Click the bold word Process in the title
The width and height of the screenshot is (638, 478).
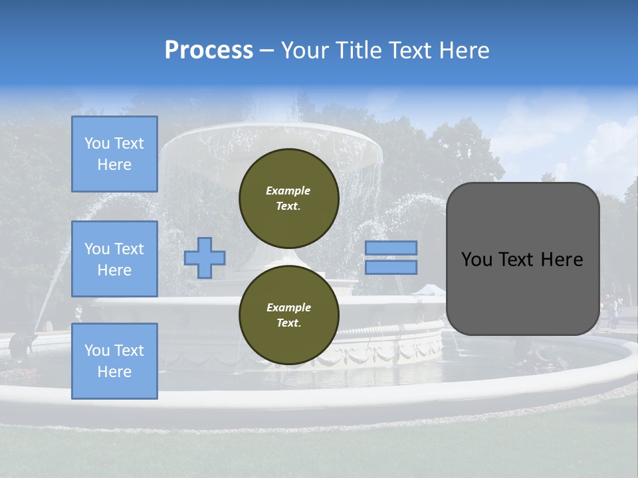pyautogui.click(x=209, y=50)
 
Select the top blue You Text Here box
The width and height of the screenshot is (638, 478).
pyautogui.click(x=114, y=154)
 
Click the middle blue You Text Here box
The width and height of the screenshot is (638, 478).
pyautogui.click(x=114, y=259)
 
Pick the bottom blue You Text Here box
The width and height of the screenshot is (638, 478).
pyautogui.click(x=114, y=360)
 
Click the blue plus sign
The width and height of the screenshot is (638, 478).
pyautogui.click(x=205, y=258)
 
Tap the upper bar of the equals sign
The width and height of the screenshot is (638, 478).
pyautogui.click(x=391, y=248)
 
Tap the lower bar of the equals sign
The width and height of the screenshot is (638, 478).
pyautogui.click(x=391, y=268)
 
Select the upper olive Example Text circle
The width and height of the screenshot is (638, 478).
pyautogui.click(x=288, y=198)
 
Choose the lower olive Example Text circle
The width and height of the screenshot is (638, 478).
pyautogui.click(x=288, y=315)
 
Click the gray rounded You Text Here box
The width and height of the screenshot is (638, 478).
pyautogui.click(x=522, y=259)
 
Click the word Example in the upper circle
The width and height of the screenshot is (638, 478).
pyautogui.click(x=288, y=191)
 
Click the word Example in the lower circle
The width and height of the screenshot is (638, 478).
pyautogui.click(x=288, y=307)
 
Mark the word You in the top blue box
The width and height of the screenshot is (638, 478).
pyautogui.click(x=97, y=143)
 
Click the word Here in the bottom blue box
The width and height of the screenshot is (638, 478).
pyautogui.click(x=114, y=372)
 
